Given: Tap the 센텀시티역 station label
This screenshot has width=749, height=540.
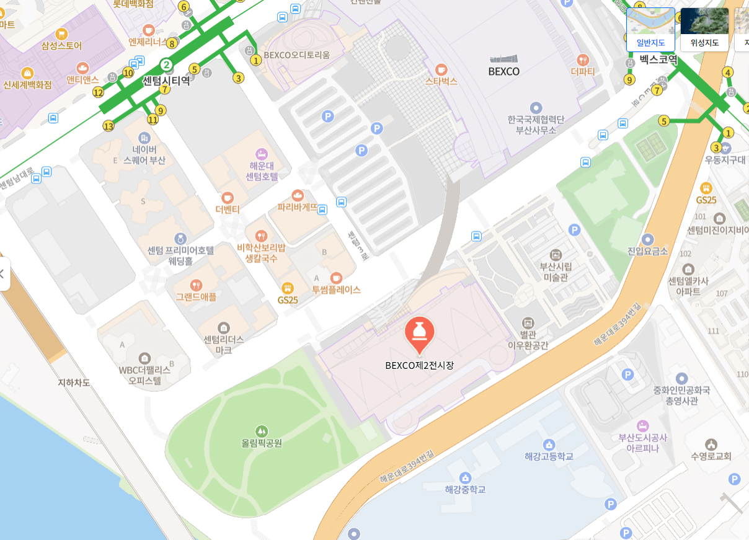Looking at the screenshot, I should tap(166, 81).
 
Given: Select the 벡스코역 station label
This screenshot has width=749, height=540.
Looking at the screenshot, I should tap(658, 60).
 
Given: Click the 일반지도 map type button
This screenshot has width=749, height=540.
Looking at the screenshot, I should tap(650, 29).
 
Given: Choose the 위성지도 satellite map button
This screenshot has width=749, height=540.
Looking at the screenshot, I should tap(704, 29).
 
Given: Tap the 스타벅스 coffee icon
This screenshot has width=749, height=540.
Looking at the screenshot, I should tap(441, 69).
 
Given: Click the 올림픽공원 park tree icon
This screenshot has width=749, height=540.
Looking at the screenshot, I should tap(262, 430).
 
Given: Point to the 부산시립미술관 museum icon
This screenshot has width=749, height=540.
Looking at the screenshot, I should tap(556, 254).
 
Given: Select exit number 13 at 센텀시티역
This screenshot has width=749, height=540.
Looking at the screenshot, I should tap(109, 126).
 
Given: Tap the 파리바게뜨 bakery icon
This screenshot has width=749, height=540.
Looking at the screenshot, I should tap(298, 195).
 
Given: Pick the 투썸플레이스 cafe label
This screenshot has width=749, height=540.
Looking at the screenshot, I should tap(336, 290).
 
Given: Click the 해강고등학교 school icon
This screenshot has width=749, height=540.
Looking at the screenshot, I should tap(549, 445).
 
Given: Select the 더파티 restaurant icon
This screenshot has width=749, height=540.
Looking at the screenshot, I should tap(583, 60).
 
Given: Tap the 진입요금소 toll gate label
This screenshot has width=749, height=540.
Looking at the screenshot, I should tap(648, 251).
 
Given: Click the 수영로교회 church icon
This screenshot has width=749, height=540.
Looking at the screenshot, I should tap(711, 444).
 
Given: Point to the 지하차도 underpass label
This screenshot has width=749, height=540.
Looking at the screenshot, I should tap(74, 383).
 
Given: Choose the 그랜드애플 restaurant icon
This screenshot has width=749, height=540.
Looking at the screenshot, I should tap(196, 285).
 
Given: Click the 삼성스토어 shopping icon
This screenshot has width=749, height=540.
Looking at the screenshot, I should tap(61, 33).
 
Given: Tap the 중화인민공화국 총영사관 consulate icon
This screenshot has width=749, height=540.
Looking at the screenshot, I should tap(681, 378).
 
